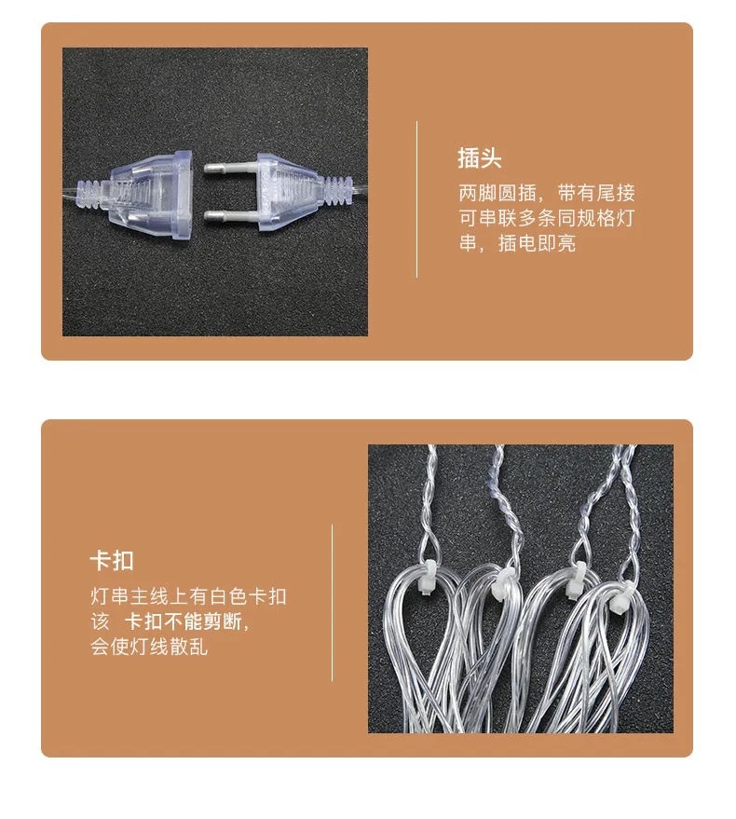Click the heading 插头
point(480,158)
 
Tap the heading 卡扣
point(112,561)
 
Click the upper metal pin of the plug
point(230,169)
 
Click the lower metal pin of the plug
point(230,215)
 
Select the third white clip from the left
point(576,580)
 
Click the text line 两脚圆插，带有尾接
point(546,193)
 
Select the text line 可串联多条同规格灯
point(546,218)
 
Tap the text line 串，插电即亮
point(517,243)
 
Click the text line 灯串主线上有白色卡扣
point(188,596)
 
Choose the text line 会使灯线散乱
point(149,647)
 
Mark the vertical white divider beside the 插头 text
point(416,199)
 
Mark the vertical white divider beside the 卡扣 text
point(333,603)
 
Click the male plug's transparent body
point(291,192)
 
